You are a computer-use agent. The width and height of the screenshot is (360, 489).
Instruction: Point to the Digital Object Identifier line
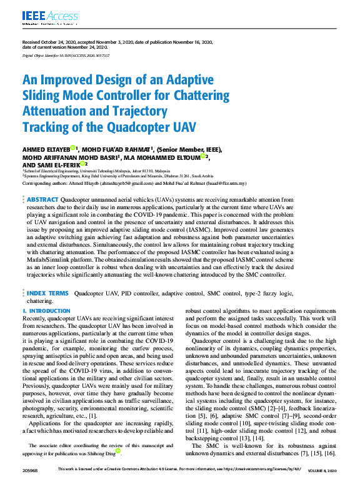tap(65, 55)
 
